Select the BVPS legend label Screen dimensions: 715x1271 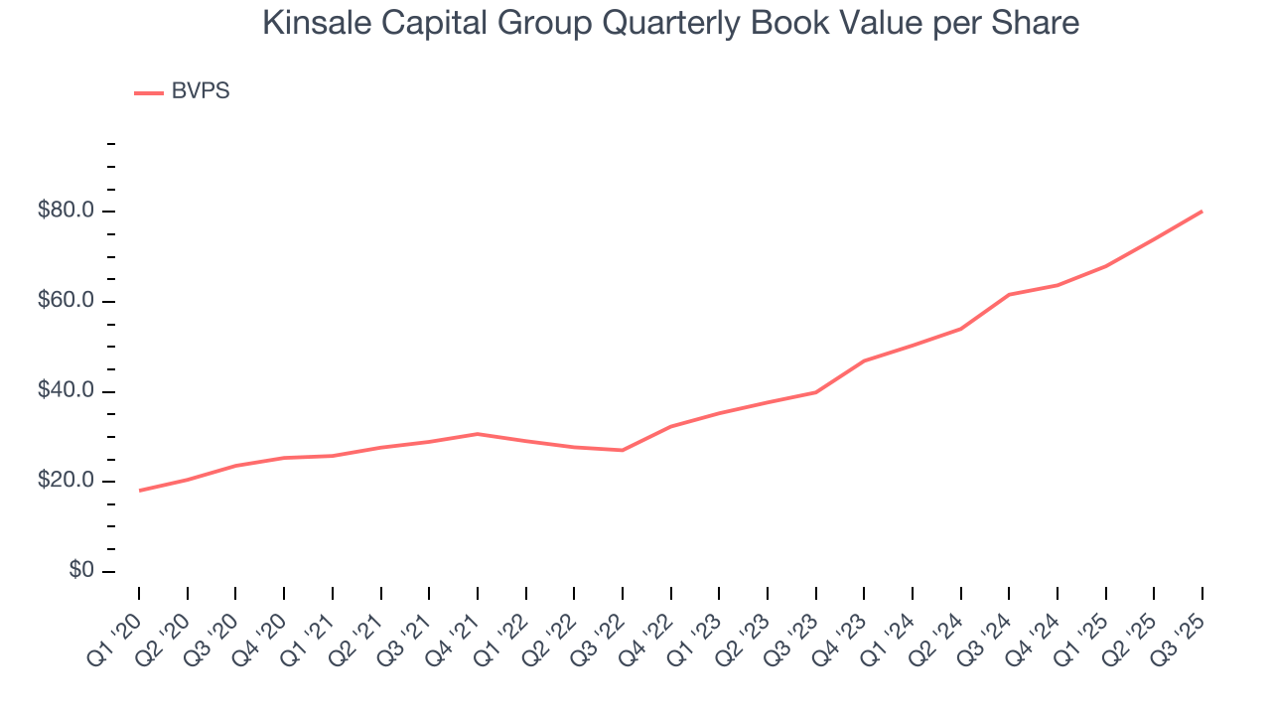[x=200, y=91]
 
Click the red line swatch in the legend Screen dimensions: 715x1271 [x=148, y=92]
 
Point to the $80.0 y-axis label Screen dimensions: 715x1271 [x=67, y=211]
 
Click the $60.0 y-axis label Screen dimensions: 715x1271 [x=67, y=301]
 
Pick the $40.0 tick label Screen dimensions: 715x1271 [x=67, y=391]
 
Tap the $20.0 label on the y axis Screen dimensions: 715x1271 [x=67, y=481]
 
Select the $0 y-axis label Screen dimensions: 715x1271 [x=81, y=570]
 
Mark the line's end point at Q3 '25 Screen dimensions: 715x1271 [x=1201, y=212]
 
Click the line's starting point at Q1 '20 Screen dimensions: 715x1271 [x=139, y=491]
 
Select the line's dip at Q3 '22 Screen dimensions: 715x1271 [x=623, y=450]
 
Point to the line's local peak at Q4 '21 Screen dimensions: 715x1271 [x=478, y=434]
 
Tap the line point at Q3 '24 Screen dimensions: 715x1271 [x=1009, y=294]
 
